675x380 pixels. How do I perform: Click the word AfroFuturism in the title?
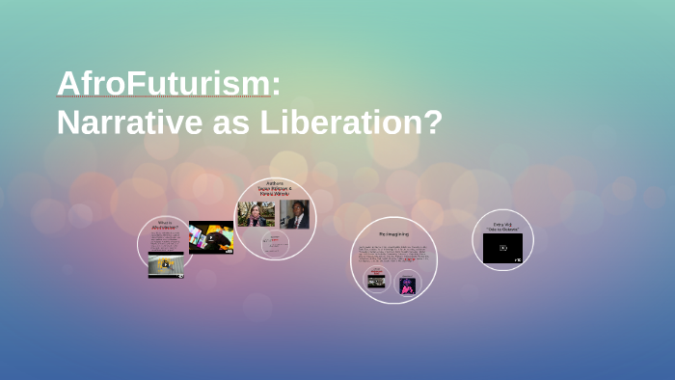point(164,84)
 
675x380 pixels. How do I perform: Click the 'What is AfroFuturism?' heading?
point(166,227)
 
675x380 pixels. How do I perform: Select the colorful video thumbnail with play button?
point(210,237)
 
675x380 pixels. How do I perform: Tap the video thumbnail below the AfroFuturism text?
point(166,264)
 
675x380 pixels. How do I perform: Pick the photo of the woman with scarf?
point(256,213)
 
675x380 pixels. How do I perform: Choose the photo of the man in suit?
point(295,214)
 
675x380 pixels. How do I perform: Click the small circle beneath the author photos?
point(275,243)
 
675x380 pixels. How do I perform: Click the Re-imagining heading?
point(392,234)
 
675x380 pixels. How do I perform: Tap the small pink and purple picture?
point(407,285)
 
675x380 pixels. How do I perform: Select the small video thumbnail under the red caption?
point(376,282)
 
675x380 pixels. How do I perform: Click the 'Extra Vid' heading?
point(502,226)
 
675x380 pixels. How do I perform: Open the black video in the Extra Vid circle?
point(502,248)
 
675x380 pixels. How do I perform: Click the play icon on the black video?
point(502,248)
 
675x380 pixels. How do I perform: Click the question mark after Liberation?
point(433,122)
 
